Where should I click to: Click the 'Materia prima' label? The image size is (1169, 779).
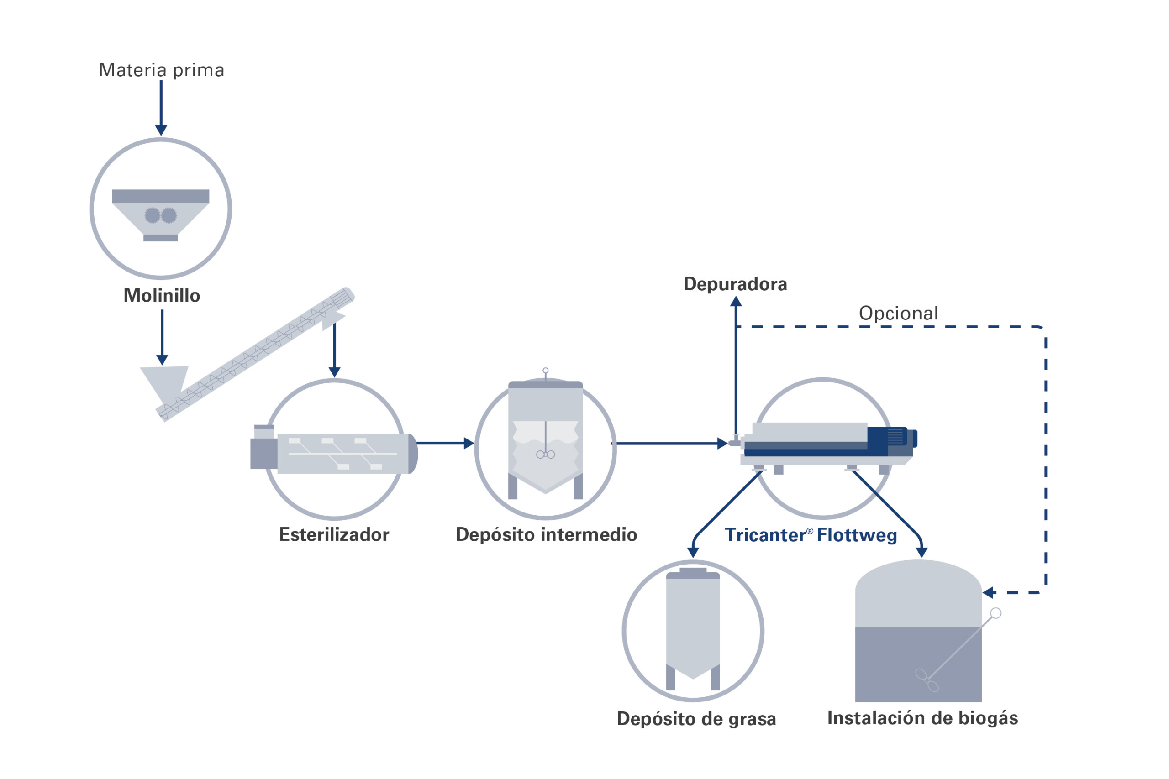tap(162, 70)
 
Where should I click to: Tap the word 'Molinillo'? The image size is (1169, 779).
tap(162, 296)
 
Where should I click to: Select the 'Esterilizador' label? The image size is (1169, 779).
tap(334, 534)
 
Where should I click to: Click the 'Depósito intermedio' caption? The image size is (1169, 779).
tap(546, 534)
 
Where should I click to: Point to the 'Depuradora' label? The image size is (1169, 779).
tap(735, 284)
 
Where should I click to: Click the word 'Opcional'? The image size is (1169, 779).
tap(898, 314)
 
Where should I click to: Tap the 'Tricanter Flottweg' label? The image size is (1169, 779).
tap(811, 535)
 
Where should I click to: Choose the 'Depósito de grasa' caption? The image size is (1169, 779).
tap(696, 719)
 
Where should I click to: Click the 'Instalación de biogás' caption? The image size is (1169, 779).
tap(922, 718)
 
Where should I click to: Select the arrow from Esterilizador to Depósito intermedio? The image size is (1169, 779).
tap(445, 443)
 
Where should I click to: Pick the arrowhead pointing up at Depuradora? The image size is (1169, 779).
tap(736, 301)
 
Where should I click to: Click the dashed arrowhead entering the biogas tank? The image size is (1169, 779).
tap(988, 593)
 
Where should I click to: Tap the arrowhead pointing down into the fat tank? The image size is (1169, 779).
tap(693, 553)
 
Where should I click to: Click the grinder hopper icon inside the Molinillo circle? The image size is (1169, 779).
tap(161, 214)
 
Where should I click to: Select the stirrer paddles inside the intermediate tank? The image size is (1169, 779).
tap(545, 454)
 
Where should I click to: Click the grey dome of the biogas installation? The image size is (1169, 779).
tap(918, 591)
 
